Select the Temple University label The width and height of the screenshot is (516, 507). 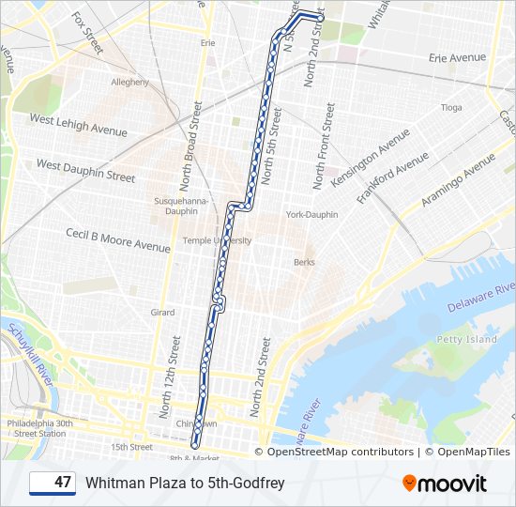(217, 240)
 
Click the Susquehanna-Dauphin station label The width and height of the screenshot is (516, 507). (176, 207)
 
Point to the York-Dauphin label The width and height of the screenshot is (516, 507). (311, 214)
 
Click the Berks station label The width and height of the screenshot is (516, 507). (304, 262)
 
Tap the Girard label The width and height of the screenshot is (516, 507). (162, 312)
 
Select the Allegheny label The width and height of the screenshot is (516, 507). (130, 83)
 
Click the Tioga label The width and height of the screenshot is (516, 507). (451, 107)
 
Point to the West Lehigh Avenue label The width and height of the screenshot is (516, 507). (78, 125)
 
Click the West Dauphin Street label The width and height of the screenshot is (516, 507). (85, 170)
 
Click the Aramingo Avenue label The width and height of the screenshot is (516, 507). (457, 180)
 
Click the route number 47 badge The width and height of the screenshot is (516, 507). (53, 483)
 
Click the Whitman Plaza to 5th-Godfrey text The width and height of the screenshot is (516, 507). (185, 484)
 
